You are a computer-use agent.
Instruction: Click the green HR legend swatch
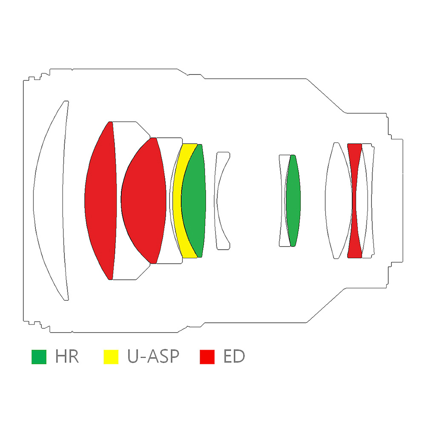pyautogui.click(x=39, y=357)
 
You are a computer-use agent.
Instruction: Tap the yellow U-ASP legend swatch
pyautogui.click(x=111, y=357)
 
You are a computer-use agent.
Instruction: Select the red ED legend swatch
pyautogui.click(x=207, y=357)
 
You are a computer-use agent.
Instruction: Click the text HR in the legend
pyautogui.click(x=67, y=357)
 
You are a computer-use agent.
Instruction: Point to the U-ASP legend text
pyautogui.click(x=153, y=357)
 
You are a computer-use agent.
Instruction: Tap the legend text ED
pyautogui.click(x=234, y=357)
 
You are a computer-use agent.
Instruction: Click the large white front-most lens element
pyautogui.click(x=50, y=201)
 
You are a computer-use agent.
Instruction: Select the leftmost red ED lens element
pyautogui.click(x=101, y=201)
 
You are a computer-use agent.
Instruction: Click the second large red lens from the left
pyautogui.click(x=144, y=201)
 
